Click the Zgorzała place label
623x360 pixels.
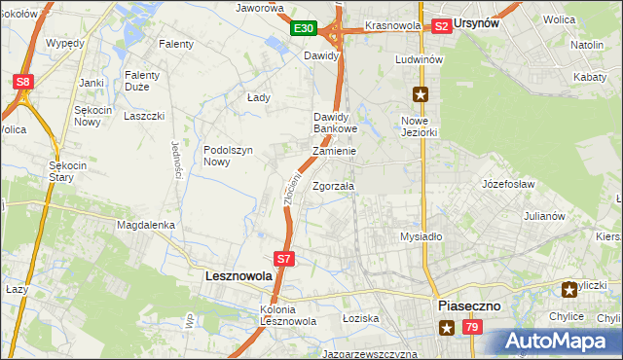pyautogui.click(x=334, y=186)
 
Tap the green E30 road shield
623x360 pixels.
pyautogui.click(x=304, y=29)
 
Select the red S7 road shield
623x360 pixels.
pyautogui.click(x=283, y=259)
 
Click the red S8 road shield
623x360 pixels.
pyautogui.click(x=23, y=83)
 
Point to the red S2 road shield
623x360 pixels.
pyautogui.click(x=441, y=26)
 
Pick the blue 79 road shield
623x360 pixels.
pyautogui.click(x=472, y=329)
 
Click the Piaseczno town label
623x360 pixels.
pyautogui.click(x=469, y=306)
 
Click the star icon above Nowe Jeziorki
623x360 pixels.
pyautogui.click(x=420, y=94)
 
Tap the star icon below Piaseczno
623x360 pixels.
pyautogui.click(x=446, y=328)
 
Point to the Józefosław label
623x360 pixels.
pyautogui.click(x=509, y=182)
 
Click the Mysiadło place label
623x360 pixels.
pyautogui.click(x=421, y=236)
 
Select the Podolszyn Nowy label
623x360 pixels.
pyautogui.click(x=229, y=156)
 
